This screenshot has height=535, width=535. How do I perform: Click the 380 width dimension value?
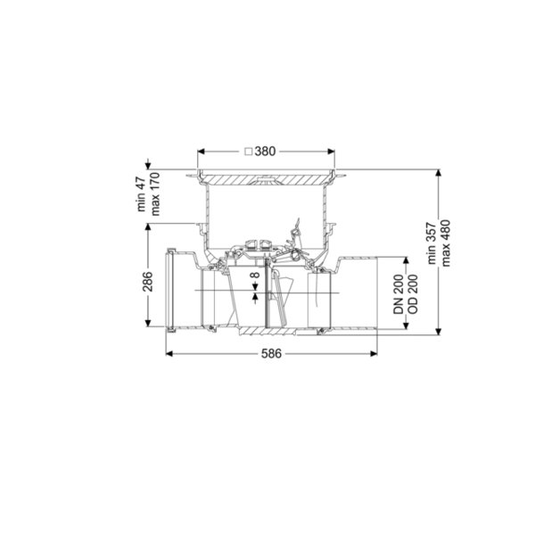tap(265, 152)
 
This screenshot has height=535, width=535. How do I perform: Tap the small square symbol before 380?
tap(249, 152)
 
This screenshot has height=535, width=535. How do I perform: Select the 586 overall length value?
tap(272, 354)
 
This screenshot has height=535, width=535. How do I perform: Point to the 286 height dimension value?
tap(148, 282)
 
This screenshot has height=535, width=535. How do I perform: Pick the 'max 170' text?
tap(155, 193)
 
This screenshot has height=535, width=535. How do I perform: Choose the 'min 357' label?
tap(432, 243)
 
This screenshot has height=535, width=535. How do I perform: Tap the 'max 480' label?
tap(446, 243)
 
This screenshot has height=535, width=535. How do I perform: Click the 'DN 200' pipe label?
tap(399, 293)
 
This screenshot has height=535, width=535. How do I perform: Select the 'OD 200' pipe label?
tap(413, 293)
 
